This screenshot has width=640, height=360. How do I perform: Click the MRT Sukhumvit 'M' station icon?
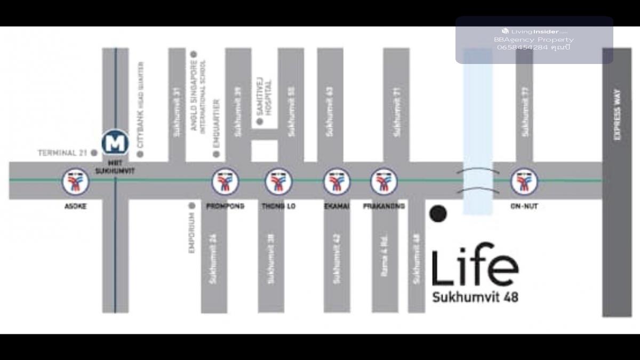tap(115, 143)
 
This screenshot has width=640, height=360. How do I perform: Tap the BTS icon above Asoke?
tap(75, 182)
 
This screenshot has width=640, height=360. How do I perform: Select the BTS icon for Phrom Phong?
tap(225, 182)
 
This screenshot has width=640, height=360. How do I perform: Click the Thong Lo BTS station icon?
tap(278, 182)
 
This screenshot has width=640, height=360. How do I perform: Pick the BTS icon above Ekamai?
tap(337, 182)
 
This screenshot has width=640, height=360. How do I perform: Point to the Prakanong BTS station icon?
tap(384, 182)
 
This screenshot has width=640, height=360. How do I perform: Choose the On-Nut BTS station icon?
tap(524, 182)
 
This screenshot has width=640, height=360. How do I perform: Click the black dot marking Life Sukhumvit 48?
tap(438, 213)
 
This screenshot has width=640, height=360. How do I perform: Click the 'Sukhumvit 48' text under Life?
tap(475, 297)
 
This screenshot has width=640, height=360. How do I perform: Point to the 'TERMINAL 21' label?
tap(62, 153)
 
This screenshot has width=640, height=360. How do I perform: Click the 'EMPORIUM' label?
tap(192, 233)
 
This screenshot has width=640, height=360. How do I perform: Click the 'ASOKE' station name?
tap(75, 206)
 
